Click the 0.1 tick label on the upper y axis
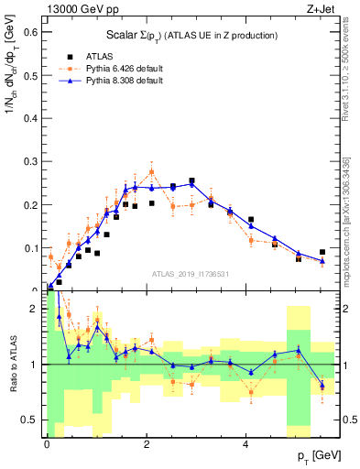(33, 248)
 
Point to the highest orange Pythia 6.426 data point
(151, 171)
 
